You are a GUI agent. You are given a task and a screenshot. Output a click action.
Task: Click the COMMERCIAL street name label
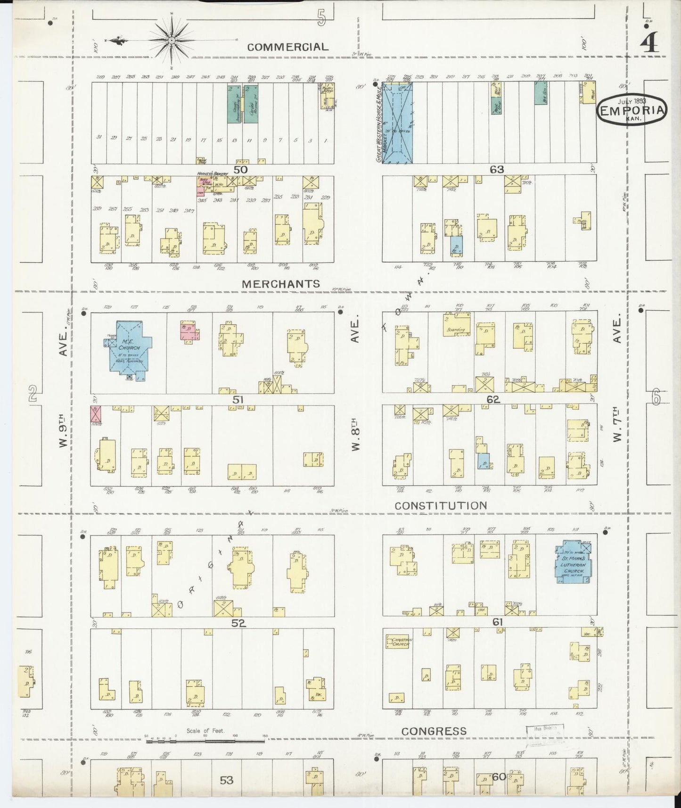(287, 47)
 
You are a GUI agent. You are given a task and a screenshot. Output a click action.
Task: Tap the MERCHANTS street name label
(281, 284)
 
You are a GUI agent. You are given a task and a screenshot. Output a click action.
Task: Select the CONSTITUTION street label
(441, 506)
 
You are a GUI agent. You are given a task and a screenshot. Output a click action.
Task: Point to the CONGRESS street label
(434, 731)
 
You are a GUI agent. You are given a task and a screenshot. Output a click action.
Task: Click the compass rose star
(172, 41)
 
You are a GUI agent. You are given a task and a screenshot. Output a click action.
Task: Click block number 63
(497, 169)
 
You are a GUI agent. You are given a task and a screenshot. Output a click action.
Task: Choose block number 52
(239, 623)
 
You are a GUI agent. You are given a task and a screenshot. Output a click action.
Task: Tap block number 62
(493, 399)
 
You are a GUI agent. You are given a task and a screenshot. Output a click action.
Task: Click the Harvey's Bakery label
(213, 174)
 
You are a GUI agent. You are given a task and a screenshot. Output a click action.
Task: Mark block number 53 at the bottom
(226, 780)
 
